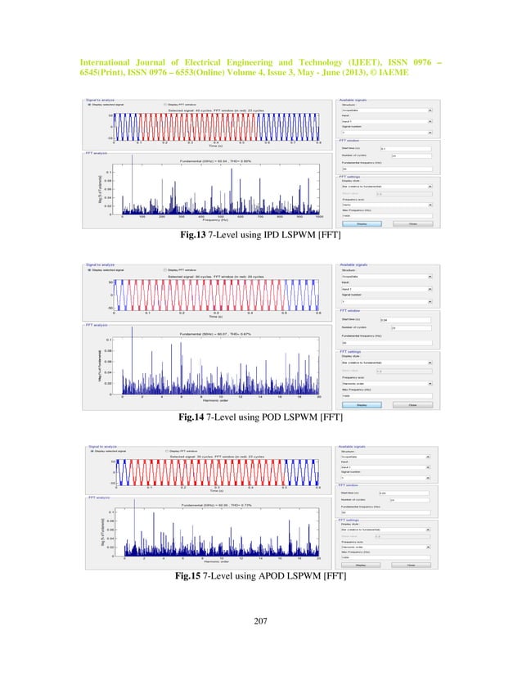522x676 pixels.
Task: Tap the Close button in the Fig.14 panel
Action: [x=412, y=404]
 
